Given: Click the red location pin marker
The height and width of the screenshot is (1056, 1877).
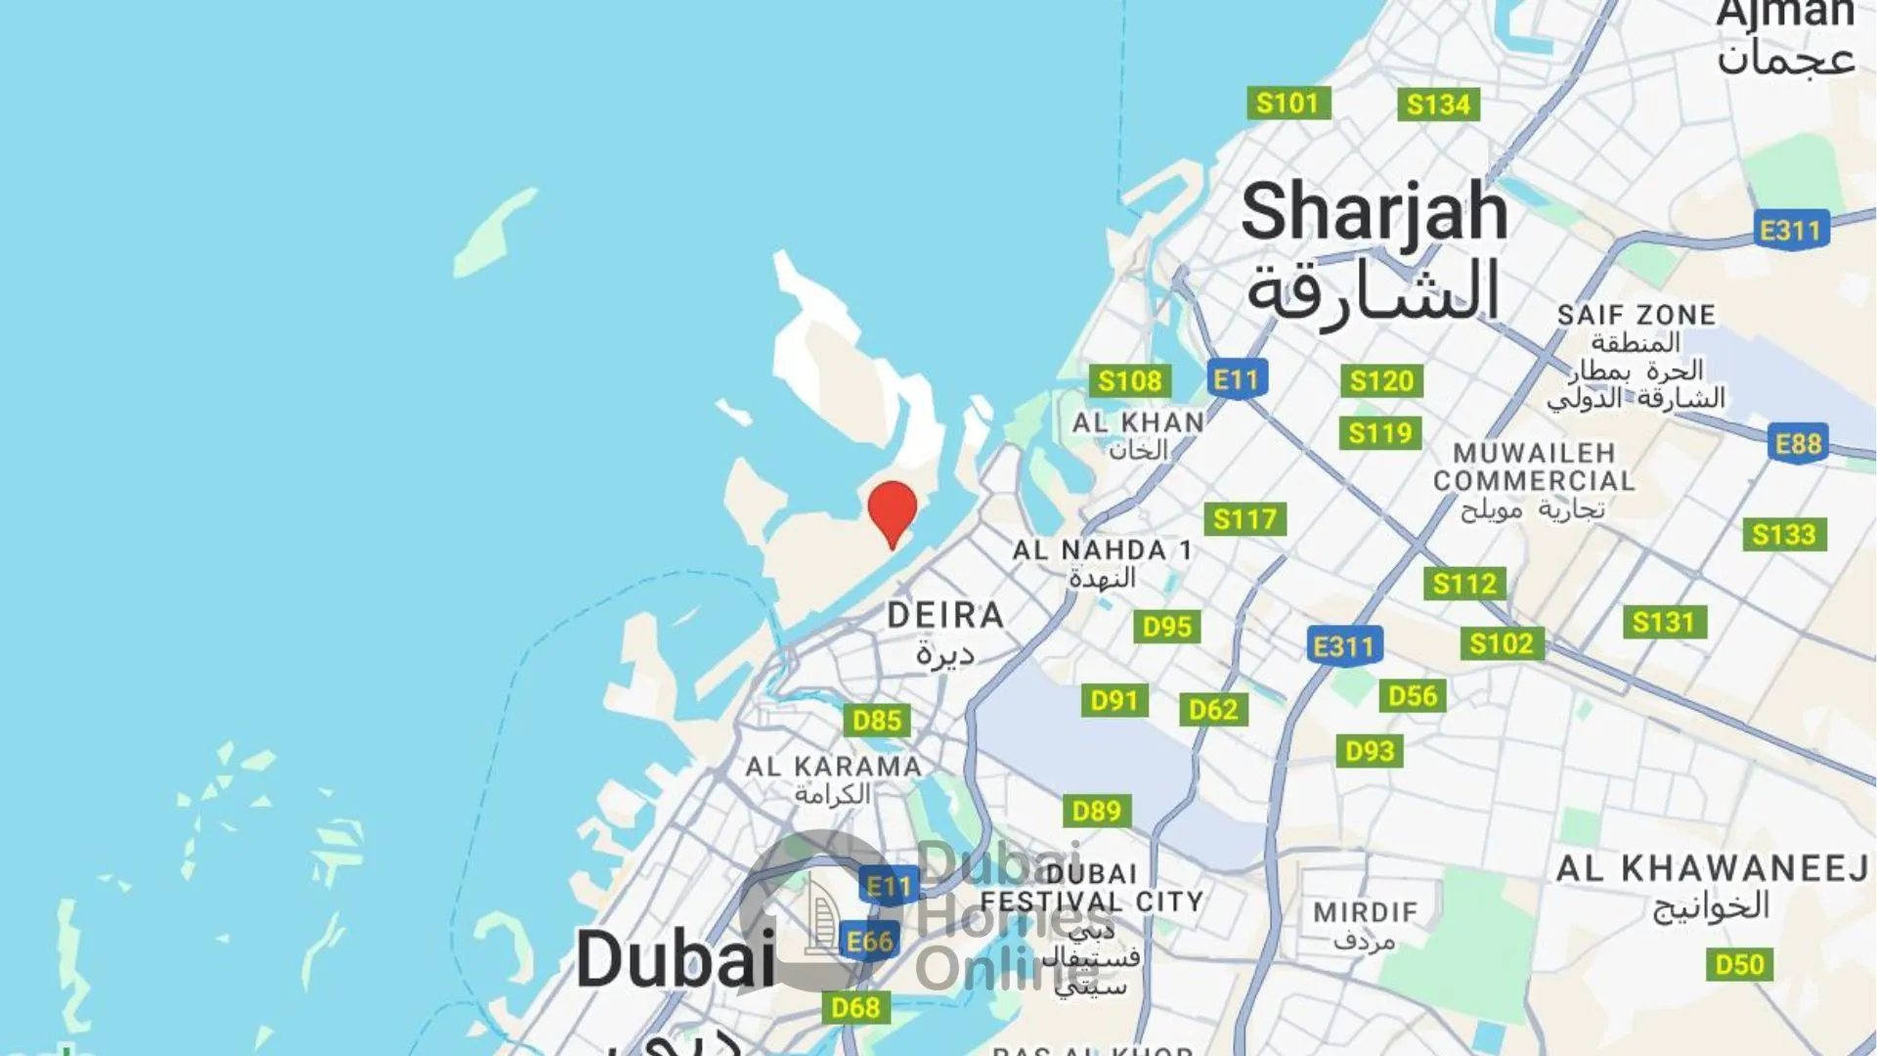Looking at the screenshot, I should pyautogui.click(x=892, y=509).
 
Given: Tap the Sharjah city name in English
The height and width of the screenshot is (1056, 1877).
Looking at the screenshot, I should pyautogui.click(x=1374, y=212).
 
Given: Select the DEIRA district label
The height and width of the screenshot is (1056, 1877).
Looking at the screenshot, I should pyautogui.click(x=945, y=615).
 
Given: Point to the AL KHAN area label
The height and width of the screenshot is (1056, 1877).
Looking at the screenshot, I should pyautogui.click(x=1138, y=422).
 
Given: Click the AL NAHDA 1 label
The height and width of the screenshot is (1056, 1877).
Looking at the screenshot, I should pyautogui.click(x=1102, y=550).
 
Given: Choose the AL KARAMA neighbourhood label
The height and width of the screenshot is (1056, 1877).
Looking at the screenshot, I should pyautogui.click(x=833, y=767).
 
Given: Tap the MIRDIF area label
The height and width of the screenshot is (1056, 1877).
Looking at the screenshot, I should pyautogui.click(x=1365, y=912).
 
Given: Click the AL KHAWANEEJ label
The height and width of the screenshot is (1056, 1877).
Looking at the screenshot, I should pyautogui.click(x=1712, y=868).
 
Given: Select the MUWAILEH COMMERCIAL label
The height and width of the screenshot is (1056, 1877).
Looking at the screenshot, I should pyautogui.click(x=1533, y=467).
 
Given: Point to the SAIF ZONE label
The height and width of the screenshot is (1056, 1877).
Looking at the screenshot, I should pyautogui.click(x=1637, y=315).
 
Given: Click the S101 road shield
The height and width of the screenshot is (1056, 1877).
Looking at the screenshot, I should pyautogui.click(x=1288, y=103).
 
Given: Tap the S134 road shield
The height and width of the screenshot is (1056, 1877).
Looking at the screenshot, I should pyautogui.click(x=1438, y=105).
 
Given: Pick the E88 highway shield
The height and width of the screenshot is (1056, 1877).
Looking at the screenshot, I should pyautogui.click(x=1799, y=444).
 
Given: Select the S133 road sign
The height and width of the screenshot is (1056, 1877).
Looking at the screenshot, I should pyautogui.click(x=1783, y=534).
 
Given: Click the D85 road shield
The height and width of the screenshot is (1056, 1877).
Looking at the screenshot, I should pyautogui.click(x=876, y=721).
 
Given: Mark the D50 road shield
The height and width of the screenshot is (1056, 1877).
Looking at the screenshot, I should pyautogui.click(x=1740, y=964).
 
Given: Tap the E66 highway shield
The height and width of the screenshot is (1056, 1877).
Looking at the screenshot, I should pyautogui.click(x=869, y=941).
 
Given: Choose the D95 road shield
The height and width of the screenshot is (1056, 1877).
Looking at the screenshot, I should pyautogui.click(x=1167, y=627).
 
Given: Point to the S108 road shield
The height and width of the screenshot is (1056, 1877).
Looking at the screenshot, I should pyautogui.click(x=1129, y=380).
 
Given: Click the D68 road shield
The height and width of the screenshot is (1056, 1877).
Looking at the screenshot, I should pyautogui.click(x=855, y=1006).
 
